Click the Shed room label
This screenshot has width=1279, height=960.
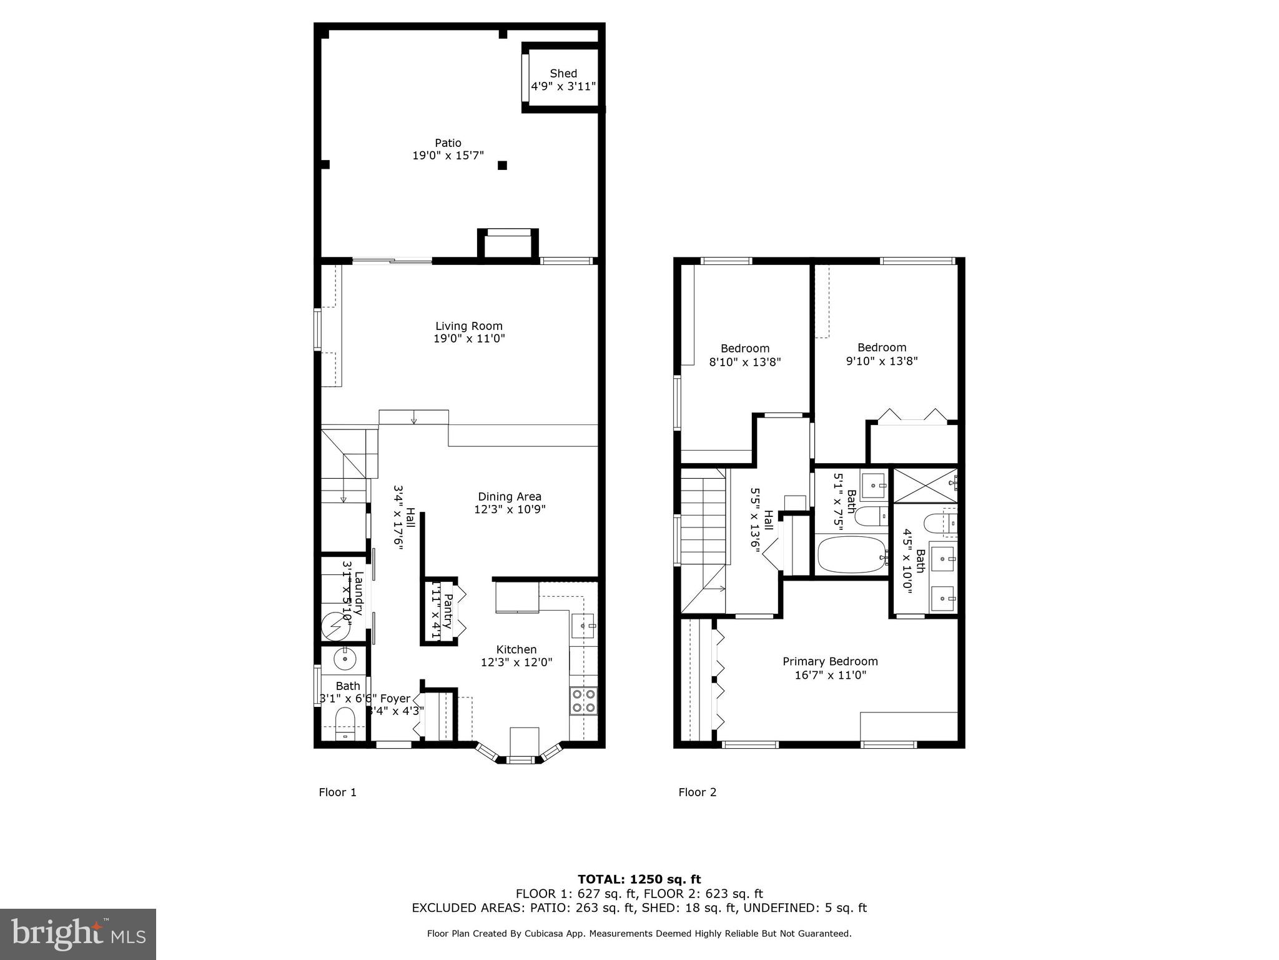pyautogui.click(x=563, y=74)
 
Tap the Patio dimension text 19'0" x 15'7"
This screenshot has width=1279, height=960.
pyautogui.click(x=448, y=156)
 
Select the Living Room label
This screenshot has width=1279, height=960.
pyautogui.click(x=468, y=326)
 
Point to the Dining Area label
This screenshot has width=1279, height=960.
pyautogui.click(x=509, y=497)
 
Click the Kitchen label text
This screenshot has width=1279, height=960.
pyautogui.click(x=516, y=649)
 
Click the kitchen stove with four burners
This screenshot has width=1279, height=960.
pyautogui.click(x=583, y=700)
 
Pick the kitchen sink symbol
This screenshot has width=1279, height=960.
pyautogui.click(x=584, y=626)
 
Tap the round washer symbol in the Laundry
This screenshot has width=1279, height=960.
pyautogui.click(x=335, y=625)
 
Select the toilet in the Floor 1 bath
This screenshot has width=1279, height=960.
pyautogui.click(x=345, y=725)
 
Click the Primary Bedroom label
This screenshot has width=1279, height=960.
pyautogui.click(x=830, y=661)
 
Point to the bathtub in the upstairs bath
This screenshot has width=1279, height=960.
pyautogui.click(x=852, y=555)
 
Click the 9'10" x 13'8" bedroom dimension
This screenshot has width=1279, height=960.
pyautogui.click(x=881, y=361)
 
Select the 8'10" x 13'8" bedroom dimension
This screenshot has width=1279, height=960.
pyautogui.click(x=744, y=362)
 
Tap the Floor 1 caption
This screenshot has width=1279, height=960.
pyautogui.click(x=337, y=792)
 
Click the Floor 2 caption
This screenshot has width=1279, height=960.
pyautogui.click(x=697, y=792)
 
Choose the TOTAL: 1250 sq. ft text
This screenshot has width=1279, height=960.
pyautogui.click(x=639, y=879)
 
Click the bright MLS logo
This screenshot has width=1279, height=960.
pyautogui.click(x=77, y=934)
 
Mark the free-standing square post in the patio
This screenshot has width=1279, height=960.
pyautogui.click(x=502, y=165)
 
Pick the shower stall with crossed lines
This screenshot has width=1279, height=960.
pyautogui.click(x=924, y=485)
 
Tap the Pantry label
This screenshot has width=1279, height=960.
pyautogui.click(x=447, y=611)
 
